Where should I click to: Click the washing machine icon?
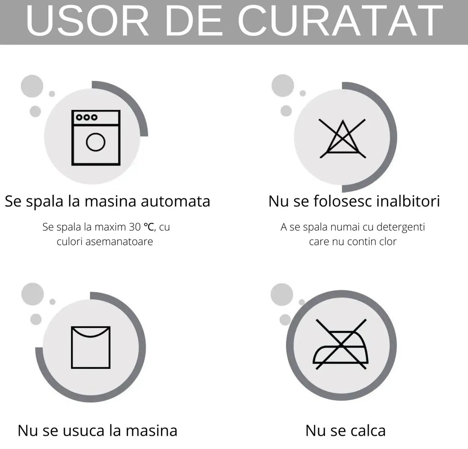[96, 138]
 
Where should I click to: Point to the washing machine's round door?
[96, 142]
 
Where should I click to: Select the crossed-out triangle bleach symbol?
[343, 139]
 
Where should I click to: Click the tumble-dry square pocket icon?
[91, 347]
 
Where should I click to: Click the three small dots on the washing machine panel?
[87, 117]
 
